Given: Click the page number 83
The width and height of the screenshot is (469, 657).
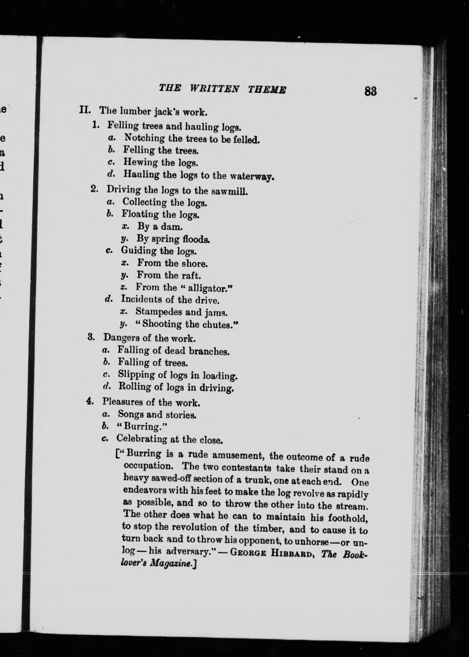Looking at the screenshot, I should tap(370, 91).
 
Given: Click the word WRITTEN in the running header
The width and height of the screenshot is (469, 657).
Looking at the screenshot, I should tap(215, 89).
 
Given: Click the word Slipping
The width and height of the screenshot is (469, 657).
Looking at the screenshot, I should tap(136, 374).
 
